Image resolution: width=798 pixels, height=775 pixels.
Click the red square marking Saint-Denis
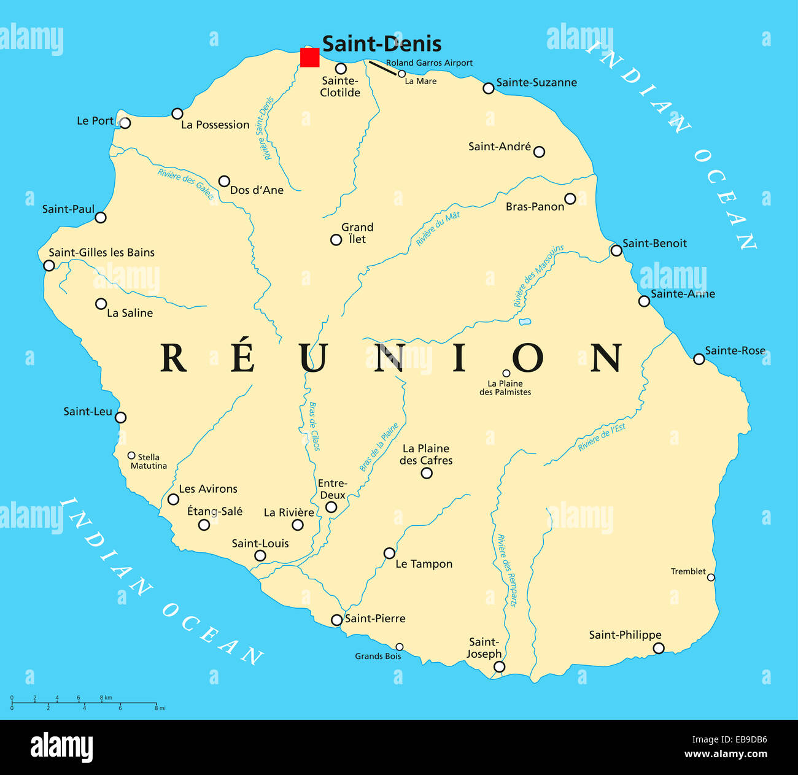coord(309,57)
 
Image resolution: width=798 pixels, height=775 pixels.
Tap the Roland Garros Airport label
coord(429,63)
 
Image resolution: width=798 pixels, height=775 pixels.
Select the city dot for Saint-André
coord(539,152)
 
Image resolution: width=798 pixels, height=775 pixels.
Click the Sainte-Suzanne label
coord(537,82)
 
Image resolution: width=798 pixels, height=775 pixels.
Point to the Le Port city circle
coord(125,123)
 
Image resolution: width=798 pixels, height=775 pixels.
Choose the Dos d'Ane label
coord(257,190)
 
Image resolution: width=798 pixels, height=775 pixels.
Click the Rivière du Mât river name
coord(438,229)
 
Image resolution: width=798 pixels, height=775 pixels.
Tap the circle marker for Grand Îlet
coord(336,240)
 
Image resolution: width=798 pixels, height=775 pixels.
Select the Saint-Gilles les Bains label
coord(102,252)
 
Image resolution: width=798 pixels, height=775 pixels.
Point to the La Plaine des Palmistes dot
coord(506,373)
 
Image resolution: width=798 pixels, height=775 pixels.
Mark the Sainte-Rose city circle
coord(699,359)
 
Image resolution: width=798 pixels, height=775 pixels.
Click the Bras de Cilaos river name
coord(314,426)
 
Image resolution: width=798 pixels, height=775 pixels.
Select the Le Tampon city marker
coord(389,553)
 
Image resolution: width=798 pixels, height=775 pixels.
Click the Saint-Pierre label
coord(375,619)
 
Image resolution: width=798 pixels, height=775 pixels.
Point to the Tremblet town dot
coord(711,577)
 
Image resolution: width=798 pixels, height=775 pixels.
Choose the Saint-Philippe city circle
coord(658,648)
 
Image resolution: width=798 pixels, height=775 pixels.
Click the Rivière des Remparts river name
coord(507,570)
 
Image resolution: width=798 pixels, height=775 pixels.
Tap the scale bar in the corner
coord(84,702)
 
